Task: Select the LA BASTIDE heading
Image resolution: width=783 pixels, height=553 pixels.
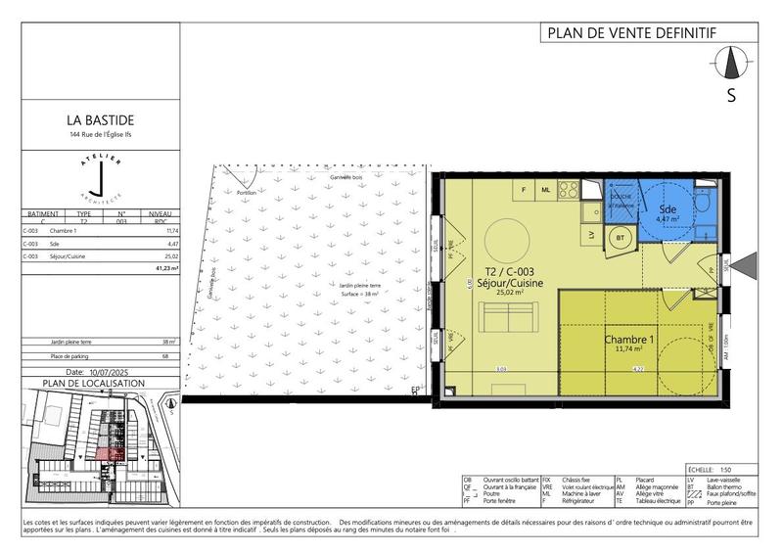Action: pyautogui.click(x=101, y=122)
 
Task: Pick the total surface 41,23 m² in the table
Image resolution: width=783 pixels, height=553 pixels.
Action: pyautogui.click(x=167, y=267)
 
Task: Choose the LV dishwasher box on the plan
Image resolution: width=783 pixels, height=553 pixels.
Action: pyautogui.click(x=591, y=235)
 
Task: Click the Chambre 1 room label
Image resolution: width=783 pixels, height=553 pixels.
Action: pyautogui.click(x=627, y=339)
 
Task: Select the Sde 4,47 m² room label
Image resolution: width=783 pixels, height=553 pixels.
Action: pyautogui.click(x=668, y=214)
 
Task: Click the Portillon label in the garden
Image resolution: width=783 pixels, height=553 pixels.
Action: pyautogui.click(x=248, y=193)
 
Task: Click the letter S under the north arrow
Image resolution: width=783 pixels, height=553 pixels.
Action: pyautogui.click(x=731, y=96)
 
